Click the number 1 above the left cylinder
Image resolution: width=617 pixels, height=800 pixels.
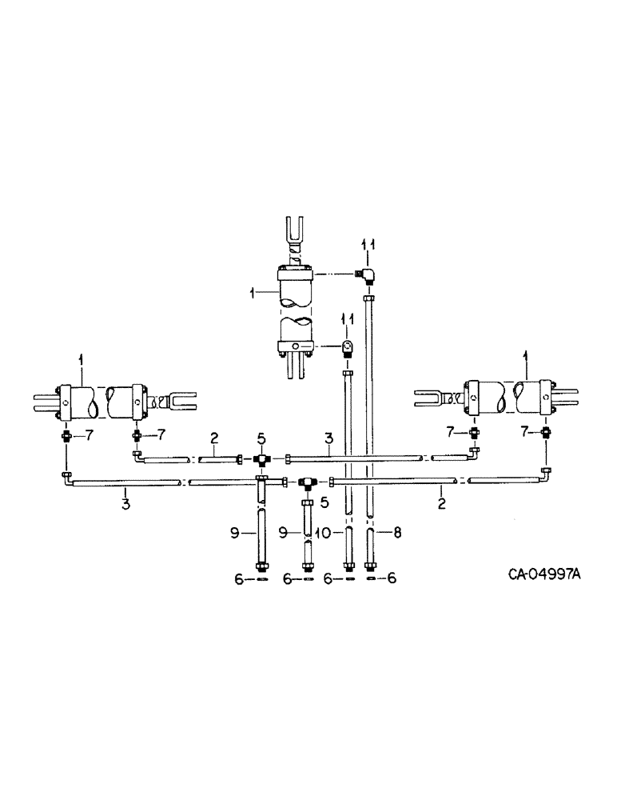point(81,361)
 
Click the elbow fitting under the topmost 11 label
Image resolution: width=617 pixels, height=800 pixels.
point(368,276)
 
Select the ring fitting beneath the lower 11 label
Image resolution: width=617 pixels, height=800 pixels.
point(348,348)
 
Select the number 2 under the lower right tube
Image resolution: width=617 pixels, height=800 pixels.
point(441,505)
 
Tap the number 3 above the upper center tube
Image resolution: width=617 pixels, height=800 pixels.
point(327,438)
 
